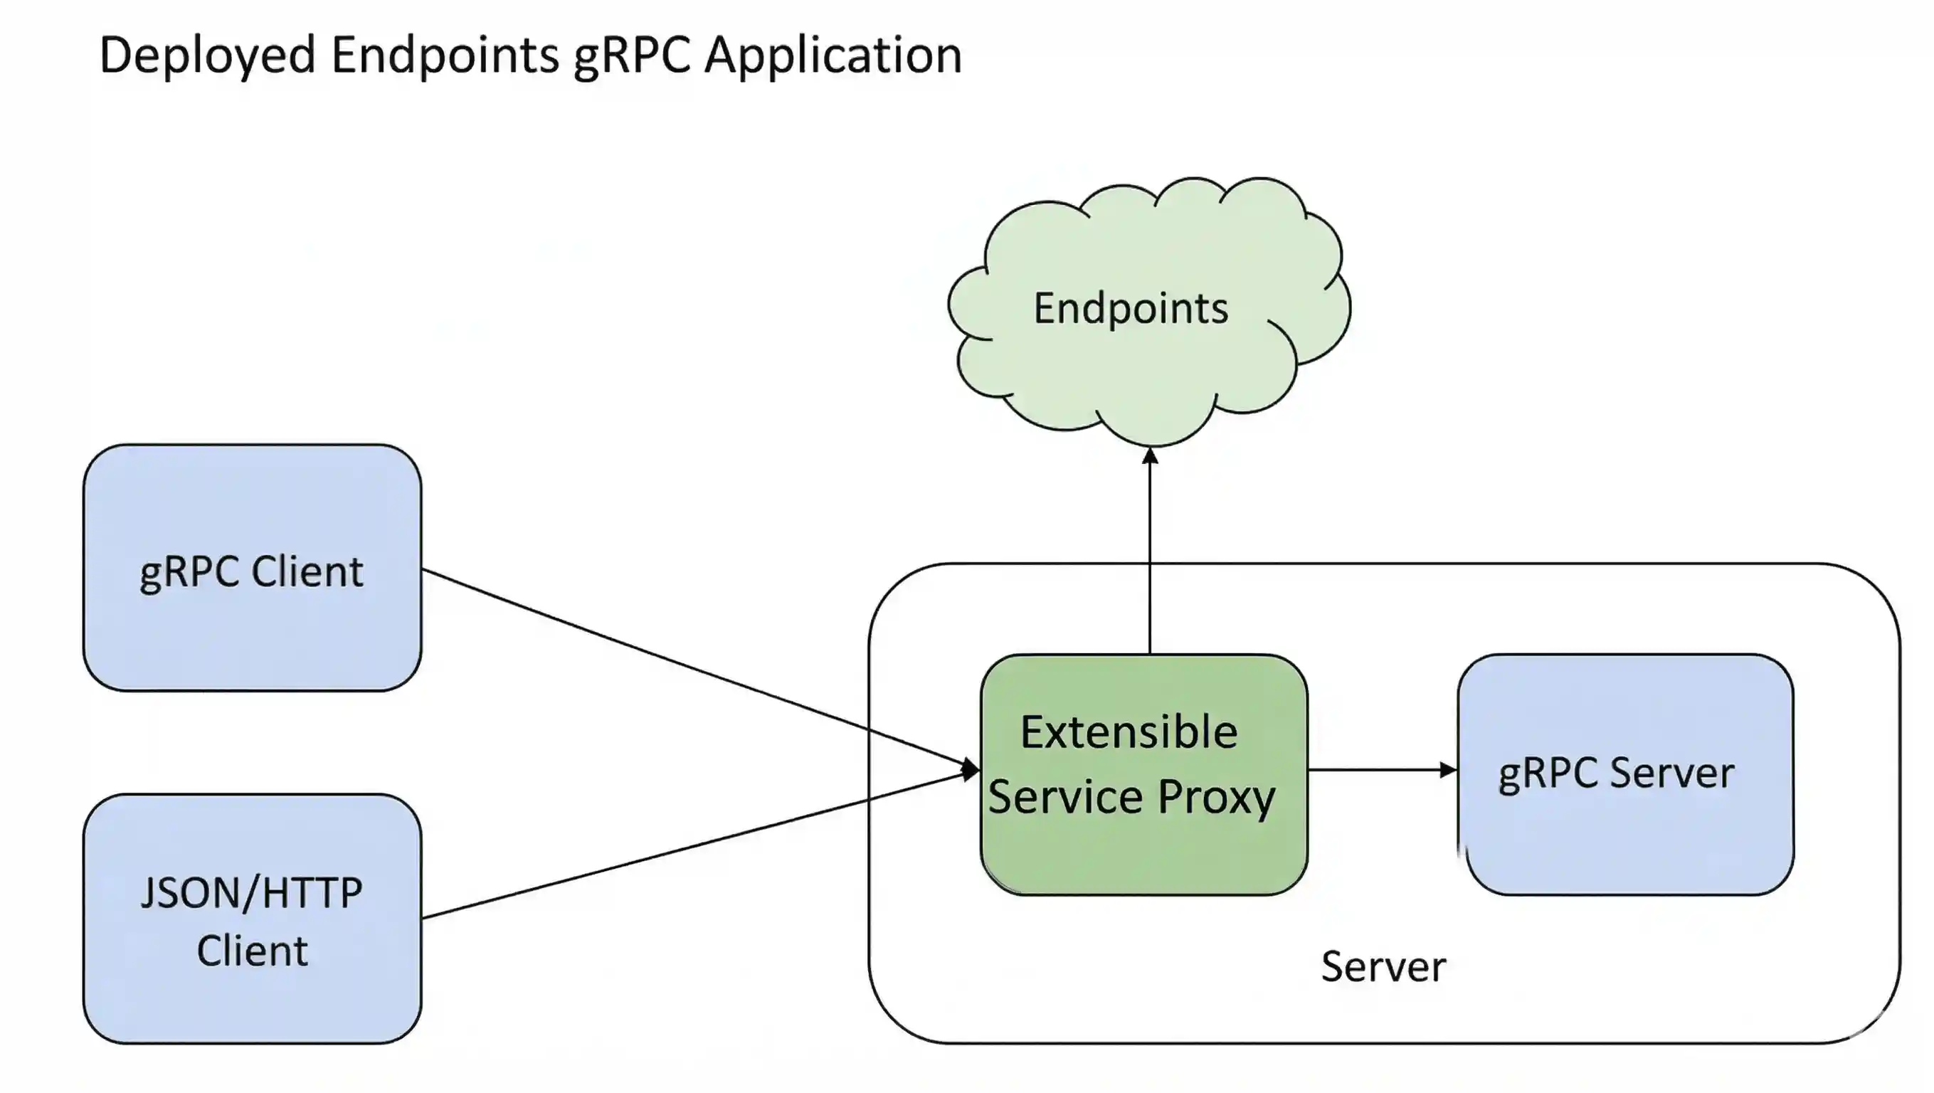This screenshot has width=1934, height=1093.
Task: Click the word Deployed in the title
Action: coord(206,56)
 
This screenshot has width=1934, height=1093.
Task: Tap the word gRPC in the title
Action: coord(630,56)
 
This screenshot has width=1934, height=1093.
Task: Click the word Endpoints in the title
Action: coord(445,56)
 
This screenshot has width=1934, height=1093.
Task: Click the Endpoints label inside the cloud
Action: coord(1131,309)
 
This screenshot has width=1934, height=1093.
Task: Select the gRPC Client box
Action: coord(251,638)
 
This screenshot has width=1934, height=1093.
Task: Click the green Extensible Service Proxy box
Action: coord(1143,856)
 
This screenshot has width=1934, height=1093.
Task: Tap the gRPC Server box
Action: coord(1625,841)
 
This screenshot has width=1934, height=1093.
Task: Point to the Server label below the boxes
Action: coord(1383,967)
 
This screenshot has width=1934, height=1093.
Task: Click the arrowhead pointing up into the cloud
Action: coord(1150,455)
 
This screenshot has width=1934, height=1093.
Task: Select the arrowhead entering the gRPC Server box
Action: coord(1447,769)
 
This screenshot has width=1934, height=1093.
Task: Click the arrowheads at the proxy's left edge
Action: coord(971,769)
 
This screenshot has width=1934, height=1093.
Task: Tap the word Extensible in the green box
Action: coord(1129,732)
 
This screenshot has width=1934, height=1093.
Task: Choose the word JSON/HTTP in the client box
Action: coord(251,893)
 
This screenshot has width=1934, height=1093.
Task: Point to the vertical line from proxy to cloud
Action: coord(1150,556)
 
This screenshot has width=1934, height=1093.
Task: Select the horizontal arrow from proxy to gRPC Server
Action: coord(1374,769)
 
